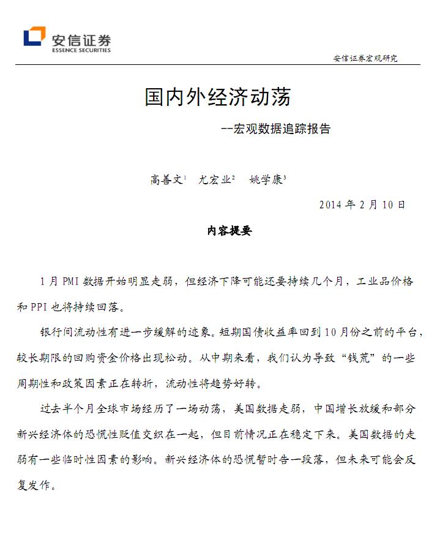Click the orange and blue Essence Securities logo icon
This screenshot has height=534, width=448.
(x=34, y=37)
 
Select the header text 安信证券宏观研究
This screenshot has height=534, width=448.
(x=365, y=59)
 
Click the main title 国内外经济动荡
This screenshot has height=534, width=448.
(x=217, y=97)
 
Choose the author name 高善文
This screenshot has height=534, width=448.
(x=166, y=180)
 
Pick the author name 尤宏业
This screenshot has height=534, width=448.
(x=214, y=180)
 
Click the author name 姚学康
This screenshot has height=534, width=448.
(x=266, y=180)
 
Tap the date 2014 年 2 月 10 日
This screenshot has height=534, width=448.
(x=362, y=205)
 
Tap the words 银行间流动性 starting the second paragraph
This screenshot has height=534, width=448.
(x=72, y=333)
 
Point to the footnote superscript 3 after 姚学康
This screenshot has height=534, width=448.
(x=285, y=177)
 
